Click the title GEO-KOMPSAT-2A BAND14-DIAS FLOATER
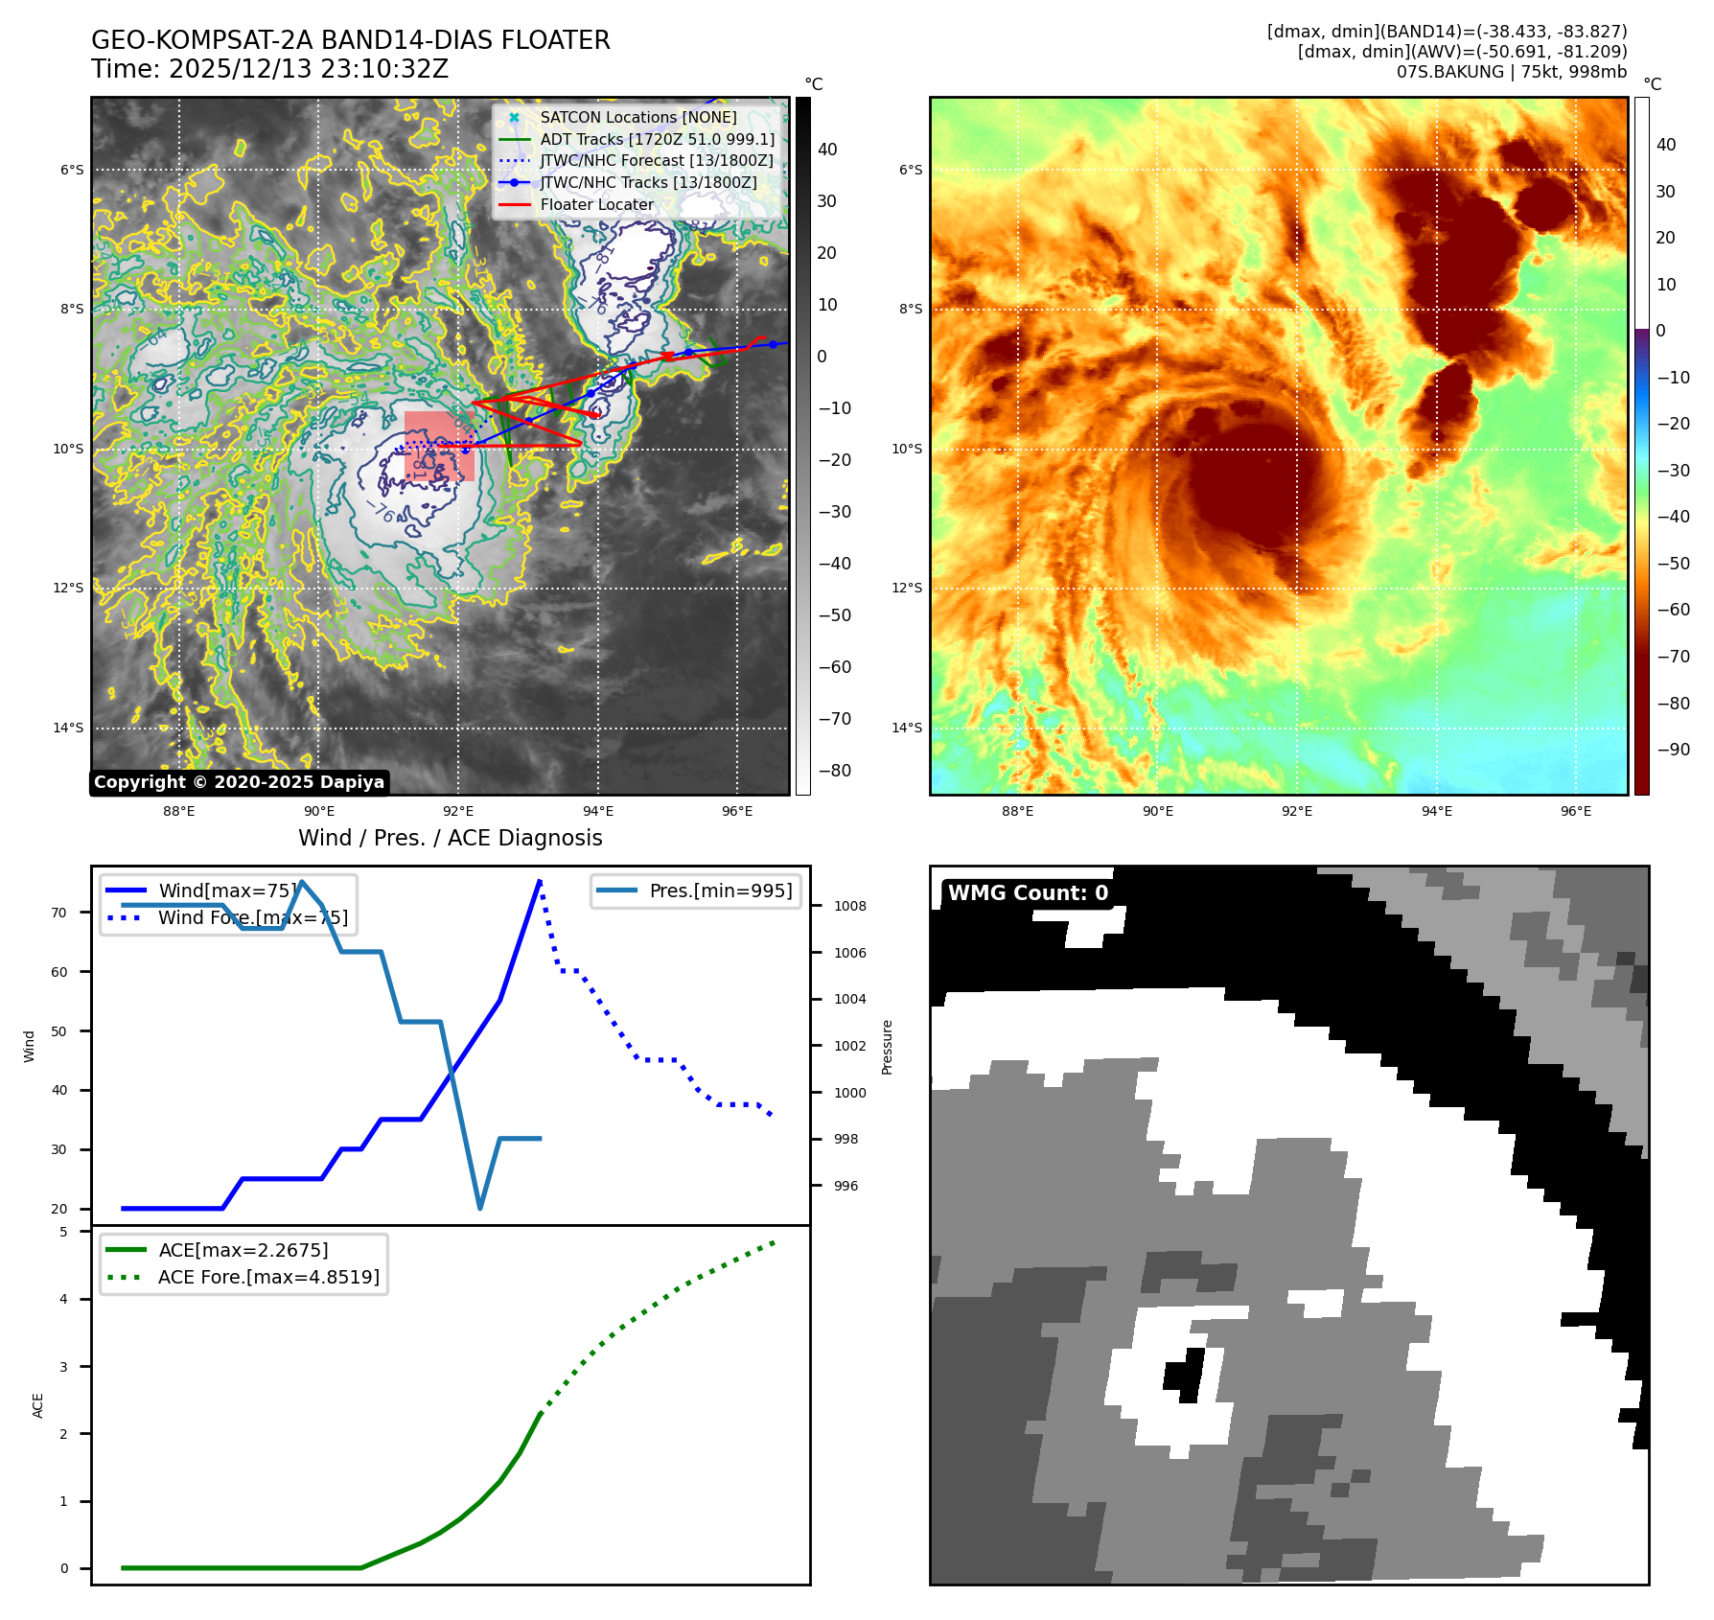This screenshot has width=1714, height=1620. pos(350,40)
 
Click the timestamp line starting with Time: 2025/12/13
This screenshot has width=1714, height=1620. pos(269,69)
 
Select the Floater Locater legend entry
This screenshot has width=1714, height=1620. pos(596,204)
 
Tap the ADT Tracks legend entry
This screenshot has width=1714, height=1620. pos(657,139)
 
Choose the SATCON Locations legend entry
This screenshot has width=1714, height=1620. pos(637,117)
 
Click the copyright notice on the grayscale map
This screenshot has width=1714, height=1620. pos(239,782)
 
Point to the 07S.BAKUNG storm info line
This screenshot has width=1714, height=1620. pos(1511,72)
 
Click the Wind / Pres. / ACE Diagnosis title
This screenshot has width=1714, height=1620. pos(450,838)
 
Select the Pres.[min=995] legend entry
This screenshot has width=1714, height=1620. pos(720,891)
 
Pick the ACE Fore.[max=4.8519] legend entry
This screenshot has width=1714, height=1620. pos(268,1277)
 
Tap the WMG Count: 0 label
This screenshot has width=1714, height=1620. pos(1028,893)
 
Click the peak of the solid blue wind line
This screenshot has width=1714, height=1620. pos(541,881)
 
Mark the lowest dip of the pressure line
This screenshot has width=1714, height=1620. pos(480,1208)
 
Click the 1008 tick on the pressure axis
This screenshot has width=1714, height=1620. pos(849,906)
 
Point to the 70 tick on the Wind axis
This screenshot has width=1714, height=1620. pos(59,913)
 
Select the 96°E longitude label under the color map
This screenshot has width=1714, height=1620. pos(1575,811)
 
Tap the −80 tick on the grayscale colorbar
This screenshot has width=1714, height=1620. pos(834,771)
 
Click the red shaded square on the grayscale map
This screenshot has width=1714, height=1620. pos(439,446)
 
